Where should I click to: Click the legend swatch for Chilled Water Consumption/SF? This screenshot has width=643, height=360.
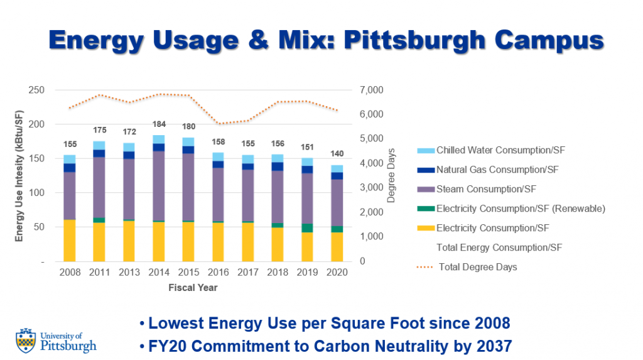click(424, 151)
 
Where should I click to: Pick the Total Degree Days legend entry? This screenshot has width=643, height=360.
click(477, 267)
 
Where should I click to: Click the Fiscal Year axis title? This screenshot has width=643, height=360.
click(193, 288)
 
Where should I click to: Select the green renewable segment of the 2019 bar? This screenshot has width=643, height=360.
click(308, 228)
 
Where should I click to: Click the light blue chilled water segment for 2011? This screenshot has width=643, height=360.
click(99, 145)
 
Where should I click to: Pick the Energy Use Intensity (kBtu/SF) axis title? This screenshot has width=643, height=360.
click(19, 176)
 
